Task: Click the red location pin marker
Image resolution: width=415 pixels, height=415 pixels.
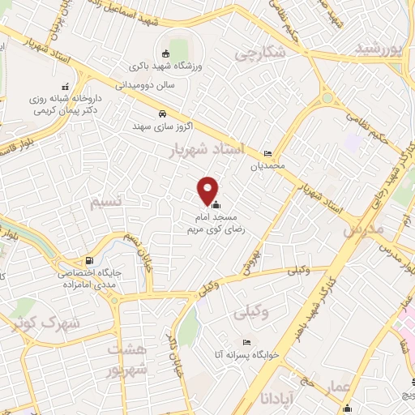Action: (208, 190)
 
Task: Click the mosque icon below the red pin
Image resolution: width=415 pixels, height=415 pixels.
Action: (214, 205)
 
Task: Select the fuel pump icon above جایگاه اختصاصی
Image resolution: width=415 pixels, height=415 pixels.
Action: (88, 262)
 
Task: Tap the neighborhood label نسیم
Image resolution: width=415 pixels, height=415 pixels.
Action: (109, 198)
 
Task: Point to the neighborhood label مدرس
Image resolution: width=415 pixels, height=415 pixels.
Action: (362, 229)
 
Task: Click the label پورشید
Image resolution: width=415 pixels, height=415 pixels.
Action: (379, 49)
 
